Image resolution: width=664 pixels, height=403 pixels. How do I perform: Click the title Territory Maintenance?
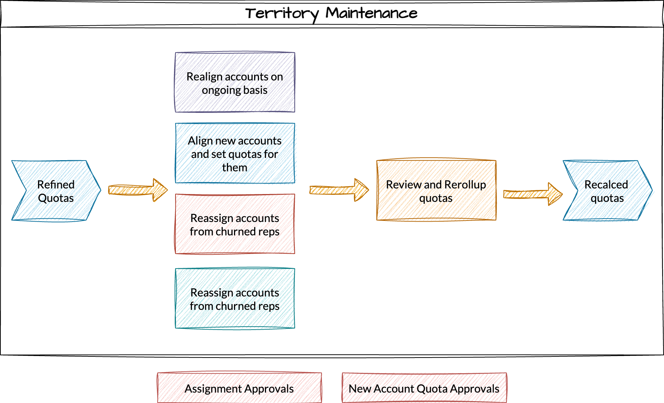point(331,13)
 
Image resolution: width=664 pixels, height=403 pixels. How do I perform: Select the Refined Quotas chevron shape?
point(56,191)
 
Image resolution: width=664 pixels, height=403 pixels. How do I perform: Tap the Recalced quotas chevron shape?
point(607,191)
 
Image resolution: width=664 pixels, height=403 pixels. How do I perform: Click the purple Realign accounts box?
point(235,83)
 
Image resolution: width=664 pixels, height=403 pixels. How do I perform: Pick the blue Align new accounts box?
point(235,153)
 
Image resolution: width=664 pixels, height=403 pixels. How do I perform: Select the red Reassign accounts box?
point(235,224)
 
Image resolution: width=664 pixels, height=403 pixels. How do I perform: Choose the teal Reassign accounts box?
point(235,299)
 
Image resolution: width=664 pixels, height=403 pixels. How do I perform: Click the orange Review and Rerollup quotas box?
point(436,191)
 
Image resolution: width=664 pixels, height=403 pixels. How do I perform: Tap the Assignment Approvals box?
point(239,388)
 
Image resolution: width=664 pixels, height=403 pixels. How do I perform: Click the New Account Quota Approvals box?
point(424,388)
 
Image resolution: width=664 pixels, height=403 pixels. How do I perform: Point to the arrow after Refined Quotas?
point(138,190)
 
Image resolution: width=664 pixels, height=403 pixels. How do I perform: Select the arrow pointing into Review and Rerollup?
point(339,190)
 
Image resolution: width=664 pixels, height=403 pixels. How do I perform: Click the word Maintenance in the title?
point(371,13)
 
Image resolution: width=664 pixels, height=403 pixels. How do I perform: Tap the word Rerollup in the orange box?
point(465,184)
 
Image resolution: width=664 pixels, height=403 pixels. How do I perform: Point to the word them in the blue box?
point(235,168)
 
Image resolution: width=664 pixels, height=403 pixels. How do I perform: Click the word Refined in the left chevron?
point(56,184)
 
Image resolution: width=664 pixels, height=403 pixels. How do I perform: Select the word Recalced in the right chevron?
point(606,184)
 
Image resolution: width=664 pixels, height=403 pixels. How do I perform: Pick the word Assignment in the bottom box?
point(213,388)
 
